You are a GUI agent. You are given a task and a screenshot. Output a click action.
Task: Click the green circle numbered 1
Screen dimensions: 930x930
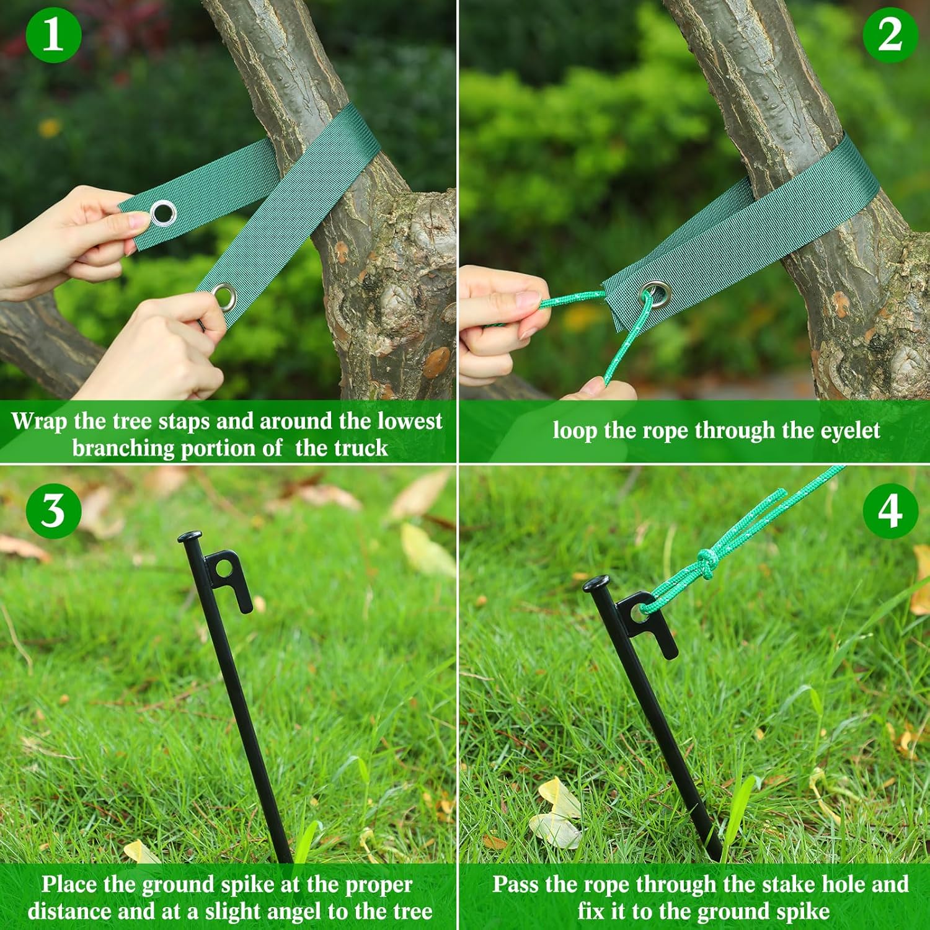click(53, 35)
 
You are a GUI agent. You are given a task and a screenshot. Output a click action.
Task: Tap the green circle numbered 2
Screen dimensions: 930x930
click(890, 35)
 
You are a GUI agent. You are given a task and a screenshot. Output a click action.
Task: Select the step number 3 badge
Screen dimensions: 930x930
click(53, 511)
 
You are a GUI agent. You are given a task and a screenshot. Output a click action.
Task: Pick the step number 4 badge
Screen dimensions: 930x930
click(890, 511)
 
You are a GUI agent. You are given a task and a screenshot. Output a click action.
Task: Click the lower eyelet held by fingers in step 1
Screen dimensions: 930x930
click(224, 296)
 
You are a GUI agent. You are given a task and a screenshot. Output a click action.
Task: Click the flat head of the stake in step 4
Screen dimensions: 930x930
click(596, 583)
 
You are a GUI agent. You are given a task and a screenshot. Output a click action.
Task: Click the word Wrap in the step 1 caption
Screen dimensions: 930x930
click(38, 421)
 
